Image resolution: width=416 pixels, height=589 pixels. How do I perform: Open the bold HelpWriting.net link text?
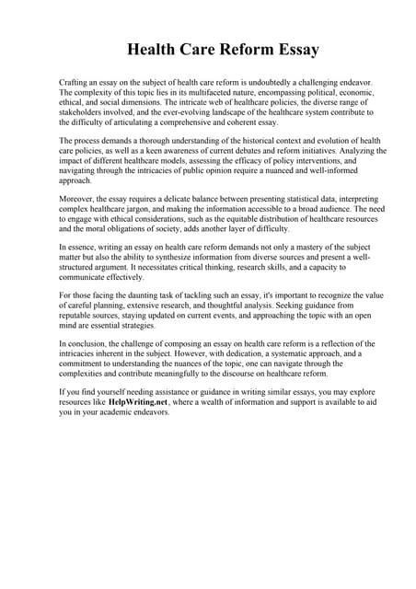(x=137, y=402)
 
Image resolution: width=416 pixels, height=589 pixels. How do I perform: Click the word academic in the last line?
(x=141, y=412)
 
